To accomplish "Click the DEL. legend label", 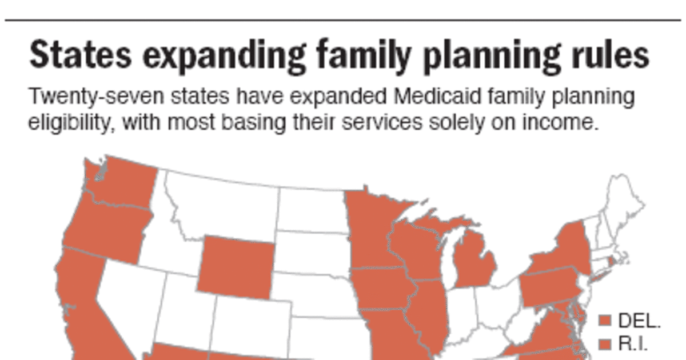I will (x=639, y=321).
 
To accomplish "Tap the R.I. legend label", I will (x=633, y=343).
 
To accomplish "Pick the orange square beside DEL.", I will (x=606, y=321).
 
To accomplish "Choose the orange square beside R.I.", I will (x=606, y=343).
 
